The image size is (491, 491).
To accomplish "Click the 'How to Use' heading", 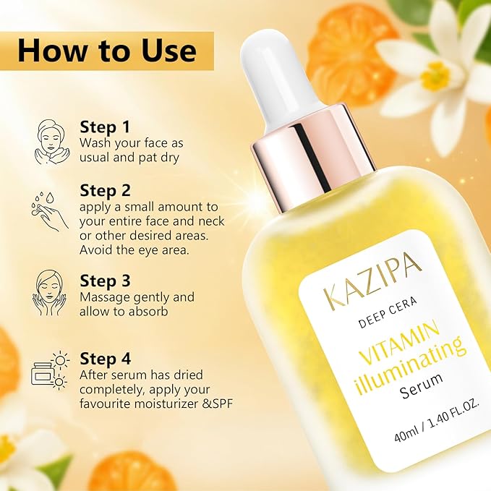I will click(106, 51).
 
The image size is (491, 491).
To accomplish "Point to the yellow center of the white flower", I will click(435, 76).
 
